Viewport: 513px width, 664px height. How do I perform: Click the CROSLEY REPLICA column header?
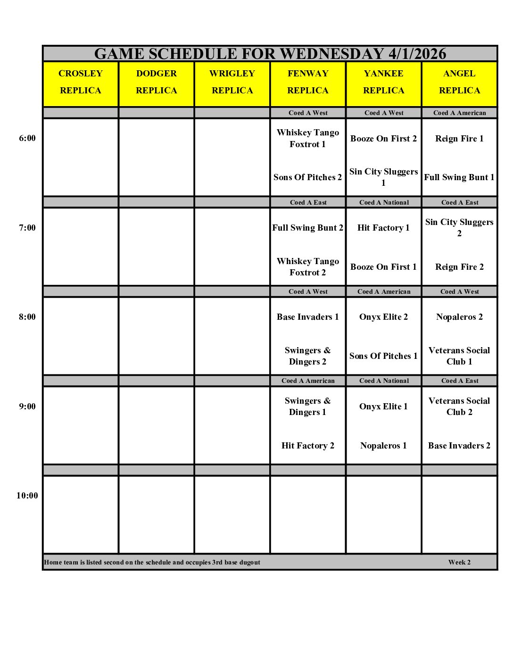click(81, 82)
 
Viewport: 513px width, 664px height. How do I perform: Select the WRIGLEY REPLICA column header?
click(232, 82)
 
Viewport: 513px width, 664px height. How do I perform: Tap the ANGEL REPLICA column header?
click(459, 82)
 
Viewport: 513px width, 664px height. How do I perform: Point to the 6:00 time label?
click(27, 138)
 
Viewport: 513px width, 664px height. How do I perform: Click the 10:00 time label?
click(27, 496)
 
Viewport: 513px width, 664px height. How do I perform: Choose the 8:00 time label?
click(27, 317)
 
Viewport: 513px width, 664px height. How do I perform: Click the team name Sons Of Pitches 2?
click(307, 177)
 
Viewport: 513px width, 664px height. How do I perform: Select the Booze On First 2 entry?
click(383, 139)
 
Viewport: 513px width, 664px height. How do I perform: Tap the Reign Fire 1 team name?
click(459, 139)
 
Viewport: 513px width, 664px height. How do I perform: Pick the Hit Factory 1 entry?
click(383, 228)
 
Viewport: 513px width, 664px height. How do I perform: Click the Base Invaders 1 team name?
click(307, 317)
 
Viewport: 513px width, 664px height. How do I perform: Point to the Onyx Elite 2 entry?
click(383, 317)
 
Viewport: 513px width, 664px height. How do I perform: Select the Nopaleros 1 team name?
click(383, 446)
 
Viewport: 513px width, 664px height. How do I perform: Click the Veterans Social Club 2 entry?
click(459, 407)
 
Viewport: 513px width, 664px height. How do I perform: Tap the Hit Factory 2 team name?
click(307, 446)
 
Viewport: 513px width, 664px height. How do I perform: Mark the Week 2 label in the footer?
click(459, 562)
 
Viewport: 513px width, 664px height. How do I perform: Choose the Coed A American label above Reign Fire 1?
click(459, 113)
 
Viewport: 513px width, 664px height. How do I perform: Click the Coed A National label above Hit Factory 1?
click(384, 202)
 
